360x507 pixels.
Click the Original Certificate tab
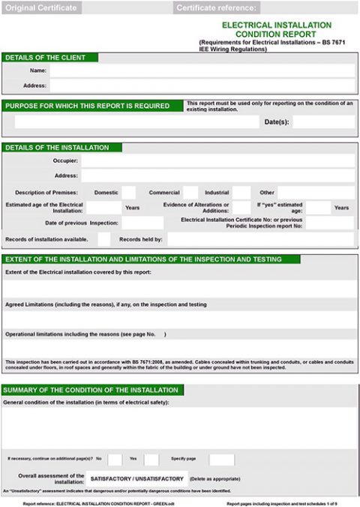(41, 8)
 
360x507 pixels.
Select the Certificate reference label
(216, 8)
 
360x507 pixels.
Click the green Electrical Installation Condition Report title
(276, 29)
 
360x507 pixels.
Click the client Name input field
(202, 70)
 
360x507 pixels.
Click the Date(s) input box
(322, 121)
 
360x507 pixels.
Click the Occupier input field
(217, 160)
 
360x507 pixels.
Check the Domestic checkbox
(129, 193)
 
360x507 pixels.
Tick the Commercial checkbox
(190, 193)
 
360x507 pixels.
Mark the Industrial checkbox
(241, 193)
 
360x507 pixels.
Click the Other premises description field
(316, 193)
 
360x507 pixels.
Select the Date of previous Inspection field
(142, 223)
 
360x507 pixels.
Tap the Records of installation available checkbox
(103, 239)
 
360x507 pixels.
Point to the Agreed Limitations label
(106, 304)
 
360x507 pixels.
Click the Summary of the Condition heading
(91, 390)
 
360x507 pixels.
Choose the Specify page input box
(221, 459)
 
